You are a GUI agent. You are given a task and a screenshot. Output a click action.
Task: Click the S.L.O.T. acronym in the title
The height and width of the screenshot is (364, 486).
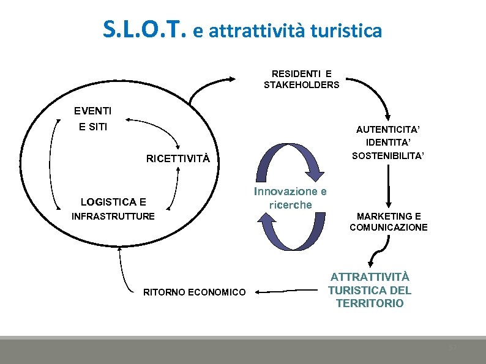click(x=144, y=29)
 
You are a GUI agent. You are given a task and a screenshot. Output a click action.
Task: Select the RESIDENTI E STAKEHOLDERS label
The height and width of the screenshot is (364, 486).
click(x=301, y=80)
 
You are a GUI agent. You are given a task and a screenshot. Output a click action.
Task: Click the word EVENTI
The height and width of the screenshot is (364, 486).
click(x=92, y=111)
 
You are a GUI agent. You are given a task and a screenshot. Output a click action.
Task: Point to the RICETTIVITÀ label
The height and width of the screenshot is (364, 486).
click(x=178, y=159)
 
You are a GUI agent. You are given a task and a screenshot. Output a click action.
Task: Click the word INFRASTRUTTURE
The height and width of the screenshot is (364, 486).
click(x=113, y=216)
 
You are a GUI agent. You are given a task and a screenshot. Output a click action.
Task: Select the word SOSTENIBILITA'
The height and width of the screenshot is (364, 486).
click(x=388, y=155)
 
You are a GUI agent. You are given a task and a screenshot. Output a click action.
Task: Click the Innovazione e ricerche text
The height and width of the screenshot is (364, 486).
click(x=290, y=198)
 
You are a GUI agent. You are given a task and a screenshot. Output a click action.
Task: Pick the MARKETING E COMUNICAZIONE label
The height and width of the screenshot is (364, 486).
click(x=389, y=221)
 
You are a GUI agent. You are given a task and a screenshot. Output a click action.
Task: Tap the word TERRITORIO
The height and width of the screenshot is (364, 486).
click(x=370, y=303)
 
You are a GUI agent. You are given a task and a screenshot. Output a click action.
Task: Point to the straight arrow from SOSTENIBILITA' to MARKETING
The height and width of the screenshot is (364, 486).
click(x=388, y=187)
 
